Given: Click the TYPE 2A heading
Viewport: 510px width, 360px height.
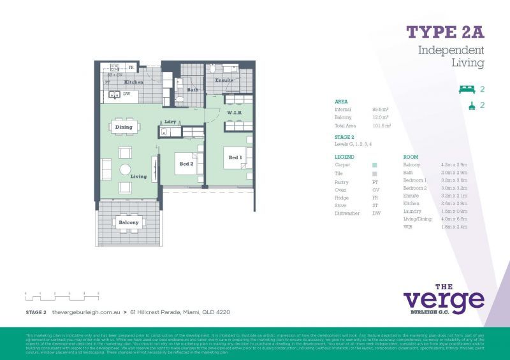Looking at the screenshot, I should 445,32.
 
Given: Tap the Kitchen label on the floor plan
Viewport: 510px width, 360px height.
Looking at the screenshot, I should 133,83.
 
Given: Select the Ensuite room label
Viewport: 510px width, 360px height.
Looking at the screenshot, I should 224,81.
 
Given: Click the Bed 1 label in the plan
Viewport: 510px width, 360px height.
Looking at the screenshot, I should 235,157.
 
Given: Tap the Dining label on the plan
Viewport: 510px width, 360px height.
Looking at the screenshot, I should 124,127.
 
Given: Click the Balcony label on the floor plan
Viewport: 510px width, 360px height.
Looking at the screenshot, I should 129,222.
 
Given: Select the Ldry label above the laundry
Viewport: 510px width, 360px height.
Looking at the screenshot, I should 170,122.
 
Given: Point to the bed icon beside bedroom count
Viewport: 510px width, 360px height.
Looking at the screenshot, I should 467,89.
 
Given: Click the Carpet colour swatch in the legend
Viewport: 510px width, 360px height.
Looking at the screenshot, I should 374,165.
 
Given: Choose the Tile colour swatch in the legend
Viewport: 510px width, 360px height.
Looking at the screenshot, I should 374,173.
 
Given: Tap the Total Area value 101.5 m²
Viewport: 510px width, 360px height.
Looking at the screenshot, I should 381,126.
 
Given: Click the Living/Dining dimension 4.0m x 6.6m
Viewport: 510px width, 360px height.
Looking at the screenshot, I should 455,219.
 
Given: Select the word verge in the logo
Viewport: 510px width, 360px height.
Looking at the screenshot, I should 443,299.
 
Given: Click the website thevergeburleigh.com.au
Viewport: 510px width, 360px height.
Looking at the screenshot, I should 86,312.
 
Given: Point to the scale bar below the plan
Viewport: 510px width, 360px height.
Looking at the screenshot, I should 62,294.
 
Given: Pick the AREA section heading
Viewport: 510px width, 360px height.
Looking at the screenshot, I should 341,101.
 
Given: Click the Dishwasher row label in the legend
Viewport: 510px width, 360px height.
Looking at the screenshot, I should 347,213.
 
